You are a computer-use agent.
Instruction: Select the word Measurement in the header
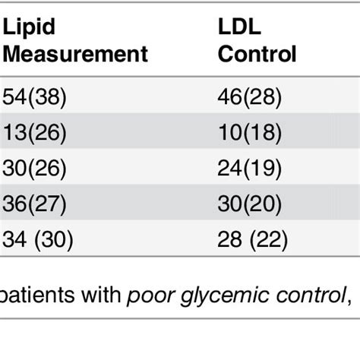(75, 55)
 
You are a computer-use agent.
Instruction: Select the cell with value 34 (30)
(39, 241)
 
